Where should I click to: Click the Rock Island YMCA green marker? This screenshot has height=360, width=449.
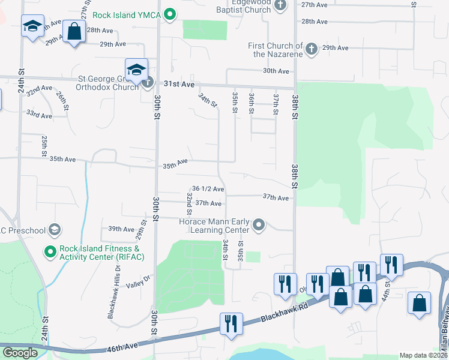169,13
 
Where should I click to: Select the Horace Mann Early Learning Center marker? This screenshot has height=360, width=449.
259,225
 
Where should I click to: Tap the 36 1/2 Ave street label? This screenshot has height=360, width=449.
208,189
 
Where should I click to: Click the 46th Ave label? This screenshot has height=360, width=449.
124,346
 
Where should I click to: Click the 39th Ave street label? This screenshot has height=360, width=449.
121,229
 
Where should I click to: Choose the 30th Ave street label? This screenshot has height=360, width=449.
276,71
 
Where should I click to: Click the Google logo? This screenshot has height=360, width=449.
19,353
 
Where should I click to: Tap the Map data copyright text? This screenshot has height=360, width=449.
424,355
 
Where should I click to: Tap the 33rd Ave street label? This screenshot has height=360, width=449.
39,113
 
